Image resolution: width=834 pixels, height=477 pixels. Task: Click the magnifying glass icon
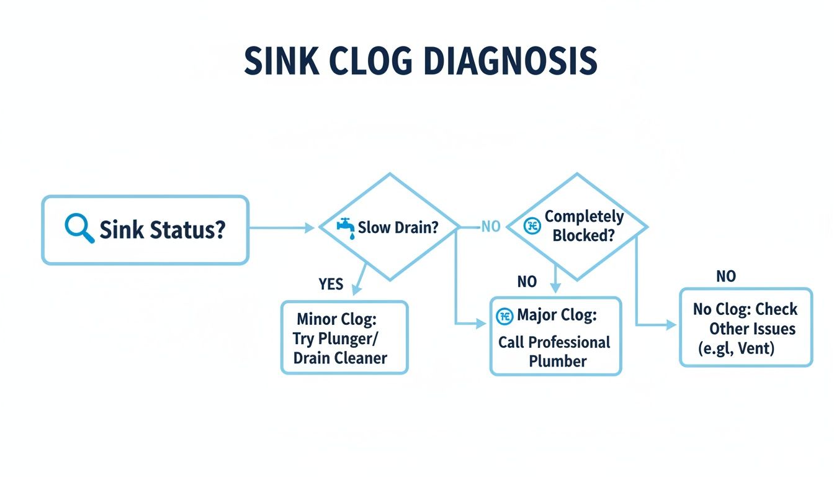[x=79, y=229]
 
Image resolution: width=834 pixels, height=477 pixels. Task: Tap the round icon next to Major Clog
[x=504, y=316]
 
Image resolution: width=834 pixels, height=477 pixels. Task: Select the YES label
[x=330, y=284]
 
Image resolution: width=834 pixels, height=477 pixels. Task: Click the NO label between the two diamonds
[x=490, y=227]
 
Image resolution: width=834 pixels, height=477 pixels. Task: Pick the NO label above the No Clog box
[x=725, y=276]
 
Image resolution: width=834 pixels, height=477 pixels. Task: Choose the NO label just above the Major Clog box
[x=526, y=282]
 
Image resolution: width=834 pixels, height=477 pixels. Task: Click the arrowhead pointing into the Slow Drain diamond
[x=311, y=228]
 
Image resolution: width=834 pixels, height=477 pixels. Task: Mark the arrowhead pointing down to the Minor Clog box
[x=356, y=289]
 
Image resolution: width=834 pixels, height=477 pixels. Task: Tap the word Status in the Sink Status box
[x=187, y=229]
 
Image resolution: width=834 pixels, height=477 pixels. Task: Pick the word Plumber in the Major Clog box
[x=557, y=361]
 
